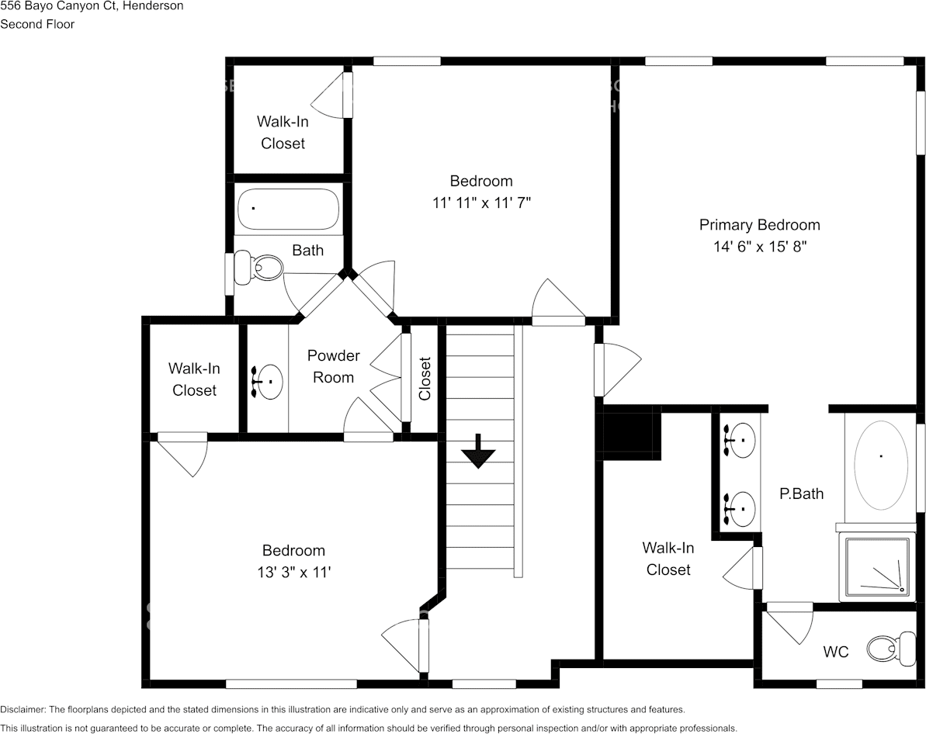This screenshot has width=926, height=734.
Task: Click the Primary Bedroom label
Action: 759,225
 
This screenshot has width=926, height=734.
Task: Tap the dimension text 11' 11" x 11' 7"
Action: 481,203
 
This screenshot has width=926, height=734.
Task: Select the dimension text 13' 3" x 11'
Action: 293,572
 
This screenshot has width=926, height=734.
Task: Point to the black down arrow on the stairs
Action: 478,452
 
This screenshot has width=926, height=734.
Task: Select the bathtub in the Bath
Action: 289,209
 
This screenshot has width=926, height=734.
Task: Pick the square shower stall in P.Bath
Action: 877,569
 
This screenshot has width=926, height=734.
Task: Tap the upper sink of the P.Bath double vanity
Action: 740,440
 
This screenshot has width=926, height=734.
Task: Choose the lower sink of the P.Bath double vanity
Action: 740,508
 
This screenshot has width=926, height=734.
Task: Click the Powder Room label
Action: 333,366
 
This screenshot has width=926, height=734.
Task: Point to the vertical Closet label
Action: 425,378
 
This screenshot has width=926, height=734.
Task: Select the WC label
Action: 835,652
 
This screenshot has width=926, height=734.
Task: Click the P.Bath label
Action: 801,493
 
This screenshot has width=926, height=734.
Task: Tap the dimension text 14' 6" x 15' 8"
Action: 759,247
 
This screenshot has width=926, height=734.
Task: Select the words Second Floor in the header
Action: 37,24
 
